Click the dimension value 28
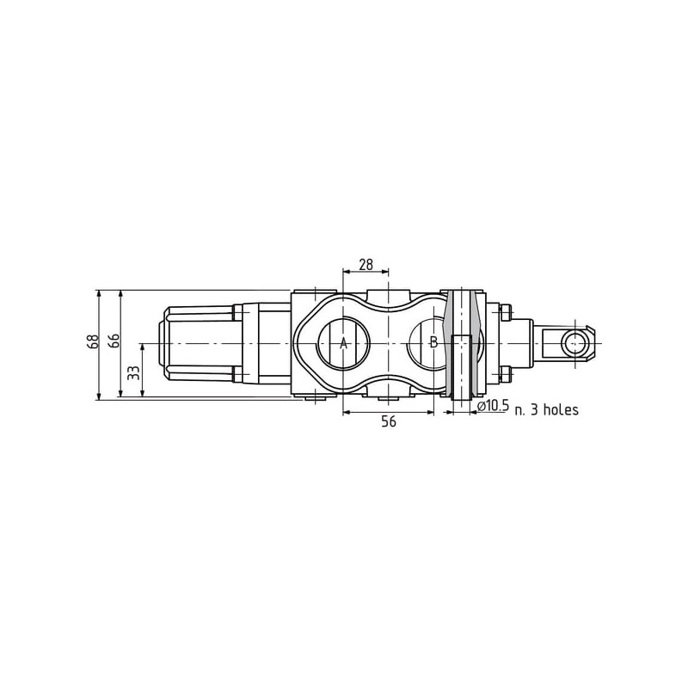coord(365,265)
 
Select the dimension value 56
coord(389,421)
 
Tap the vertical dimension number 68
coord(93,341)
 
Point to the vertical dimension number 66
coord(114,341)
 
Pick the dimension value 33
coord(135,372)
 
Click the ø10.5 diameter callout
coord(492,406)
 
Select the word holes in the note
coord(561,409)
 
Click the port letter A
coord(343,342)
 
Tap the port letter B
coord(433,342)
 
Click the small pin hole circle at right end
coord(575,343)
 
